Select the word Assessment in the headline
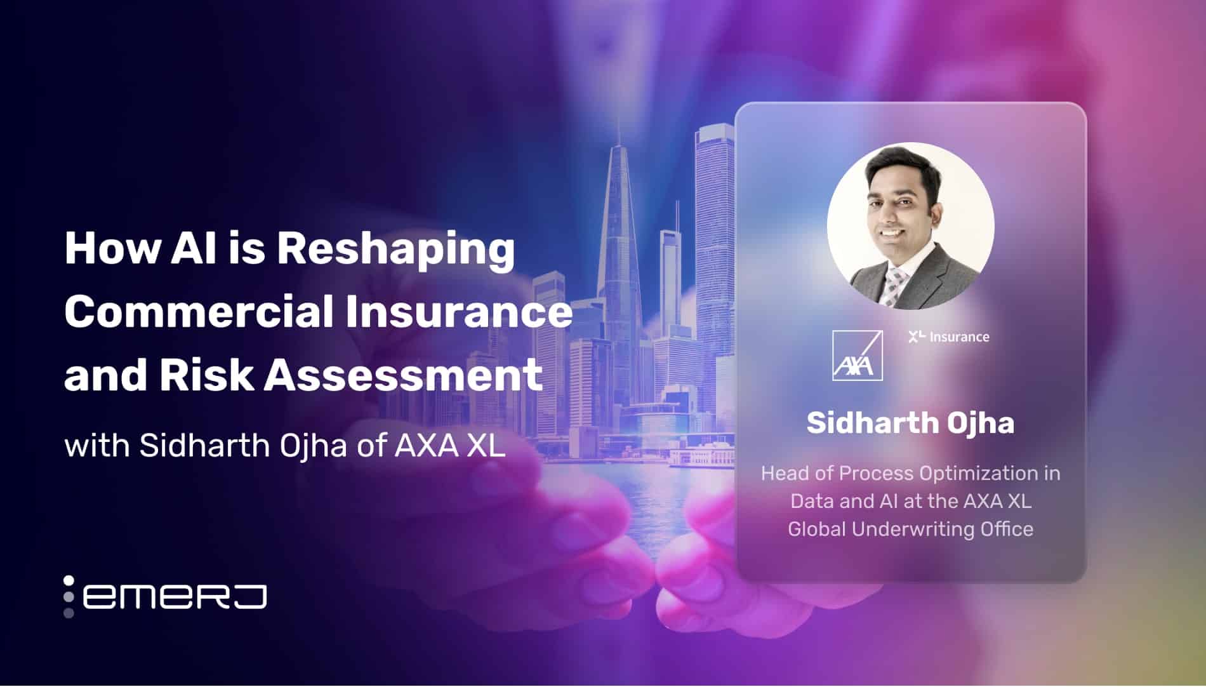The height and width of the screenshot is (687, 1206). (403, 375)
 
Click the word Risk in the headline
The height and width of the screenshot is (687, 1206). (206, 375)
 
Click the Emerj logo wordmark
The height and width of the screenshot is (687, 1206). (175, 597)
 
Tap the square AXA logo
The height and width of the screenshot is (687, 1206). (857, 356)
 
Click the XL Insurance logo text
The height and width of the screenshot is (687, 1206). (949, 337)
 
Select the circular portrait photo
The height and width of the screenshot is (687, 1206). (910, 226)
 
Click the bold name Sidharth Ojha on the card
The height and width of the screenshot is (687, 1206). (910, 423)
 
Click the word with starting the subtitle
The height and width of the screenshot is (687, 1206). (98, 446)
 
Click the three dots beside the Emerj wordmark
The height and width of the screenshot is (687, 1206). (69, 597)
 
